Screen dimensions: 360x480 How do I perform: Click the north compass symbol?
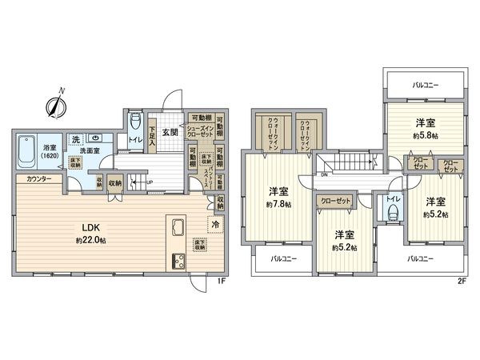(x=56, y=105)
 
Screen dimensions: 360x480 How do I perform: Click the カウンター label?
(x=38, y=179)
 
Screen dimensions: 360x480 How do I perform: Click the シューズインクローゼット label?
(x=199, y=130)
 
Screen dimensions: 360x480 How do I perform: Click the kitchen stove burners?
(x=176, y=260)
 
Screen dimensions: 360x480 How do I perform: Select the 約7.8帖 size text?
(x=279, y=205)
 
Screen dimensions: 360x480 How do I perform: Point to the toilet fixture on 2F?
(x=392, y=214)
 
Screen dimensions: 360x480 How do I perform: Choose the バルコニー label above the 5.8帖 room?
(x=425, y=82)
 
